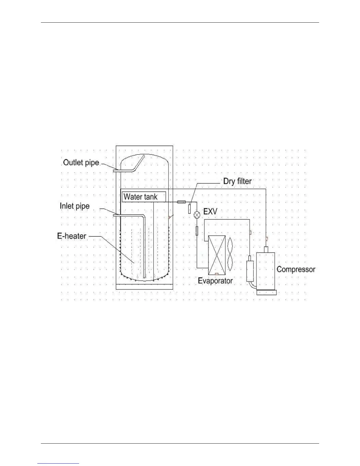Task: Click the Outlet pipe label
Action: pyautogui.click(x=81, y=163)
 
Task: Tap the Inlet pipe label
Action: pyautogui.click(x=75, y=206)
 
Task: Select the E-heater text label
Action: pyautogui.click(x=72, y=236)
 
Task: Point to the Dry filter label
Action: pyautogui.click(x=237, y=181)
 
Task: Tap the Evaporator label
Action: pyautogui.click(x=215, y=281)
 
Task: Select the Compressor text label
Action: pyautogui.click(x=296, y=269)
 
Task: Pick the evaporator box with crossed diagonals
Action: pyautogui.click(x=217, y=255)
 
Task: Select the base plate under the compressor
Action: pyautogui.click(x=266, y=293)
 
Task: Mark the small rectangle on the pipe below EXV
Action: pyautogui.click(x=197, y=231)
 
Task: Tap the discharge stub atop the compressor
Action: pyautogui.click(x=266, y=249)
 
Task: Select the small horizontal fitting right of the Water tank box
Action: pyautogui.click(x=181, y=202)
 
